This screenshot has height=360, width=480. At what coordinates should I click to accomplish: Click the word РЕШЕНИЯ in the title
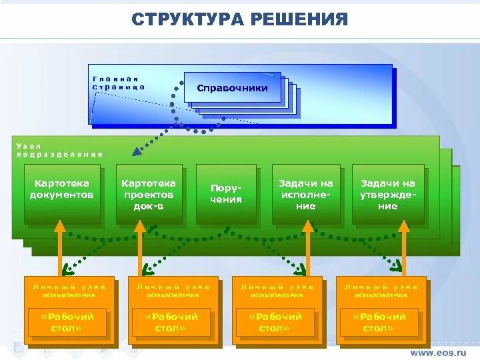pos(299,19)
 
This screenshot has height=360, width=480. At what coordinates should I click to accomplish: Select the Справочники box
pos(233,88)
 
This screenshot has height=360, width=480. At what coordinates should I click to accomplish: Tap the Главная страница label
pos(119,83)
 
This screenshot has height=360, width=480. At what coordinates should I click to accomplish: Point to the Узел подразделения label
pos(59,150)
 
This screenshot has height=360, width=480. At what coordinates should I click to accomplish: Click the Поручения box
pos(226,194)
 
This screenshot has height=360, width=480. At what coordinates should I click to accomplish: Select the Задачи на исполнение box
pos(306,194)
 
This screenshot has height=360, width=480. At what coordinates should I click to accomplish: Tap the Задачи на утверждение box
pos(388,194)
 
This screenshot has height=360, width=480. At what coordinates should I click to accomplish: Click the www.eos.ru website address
pos(438,352)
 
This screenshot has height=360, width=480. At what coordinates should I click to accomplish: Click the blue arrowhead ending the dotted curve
pos(137,152)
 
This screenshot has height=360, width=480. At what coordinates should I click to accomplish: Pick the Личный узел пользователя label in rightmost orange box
pos(381,291)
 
